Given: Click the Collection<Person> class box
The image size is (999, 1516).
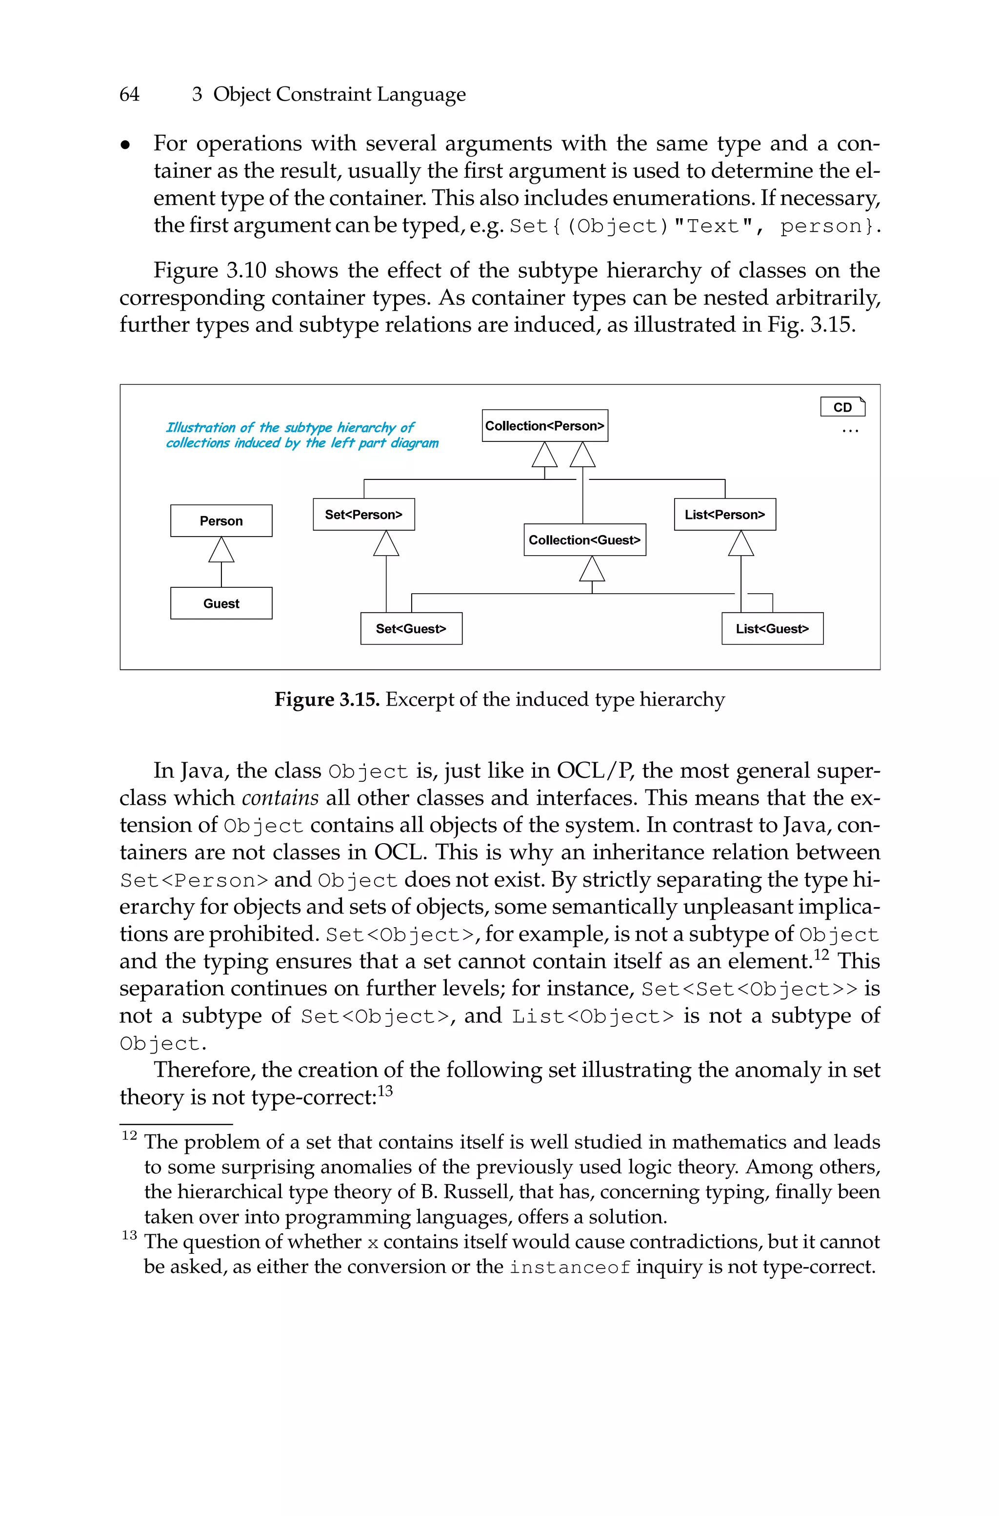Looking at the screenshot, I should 545,425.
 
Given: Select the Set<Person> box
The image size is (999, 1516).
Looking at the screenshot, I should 364,515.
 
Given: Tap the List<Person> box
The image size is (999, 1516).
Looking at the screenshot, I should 725,515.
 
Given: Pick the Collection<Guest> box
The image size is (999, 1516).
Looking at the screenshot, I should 584,540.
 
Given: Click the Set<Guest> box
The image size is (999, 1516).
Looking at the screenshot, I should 411,628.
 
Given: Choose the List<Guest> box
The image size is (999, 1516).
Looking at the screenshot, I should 772,628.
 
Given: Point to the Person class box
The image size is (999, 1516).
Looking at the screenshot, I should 221,521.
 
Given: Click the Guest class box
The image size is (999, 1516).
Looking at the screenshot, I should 221,603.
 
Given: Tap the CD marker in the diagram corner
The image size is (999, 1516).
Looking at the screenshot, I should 842,407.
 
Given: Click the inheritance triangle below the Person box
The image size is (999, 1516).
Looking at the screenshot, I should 221,550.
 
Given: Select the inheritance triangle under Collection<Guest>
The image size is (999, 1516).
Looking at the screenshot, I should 592,569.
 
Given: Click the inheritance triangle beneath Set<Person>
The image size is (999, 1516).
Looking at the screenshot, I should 386,544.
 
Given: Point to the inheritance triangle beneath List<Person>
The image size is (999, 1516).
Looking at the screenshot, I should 741,544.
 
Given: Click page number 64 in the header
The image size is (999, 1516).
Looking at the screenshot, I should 129,94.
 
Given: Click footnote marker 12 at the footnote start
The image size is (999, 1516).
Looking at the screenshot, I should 129,1135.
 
